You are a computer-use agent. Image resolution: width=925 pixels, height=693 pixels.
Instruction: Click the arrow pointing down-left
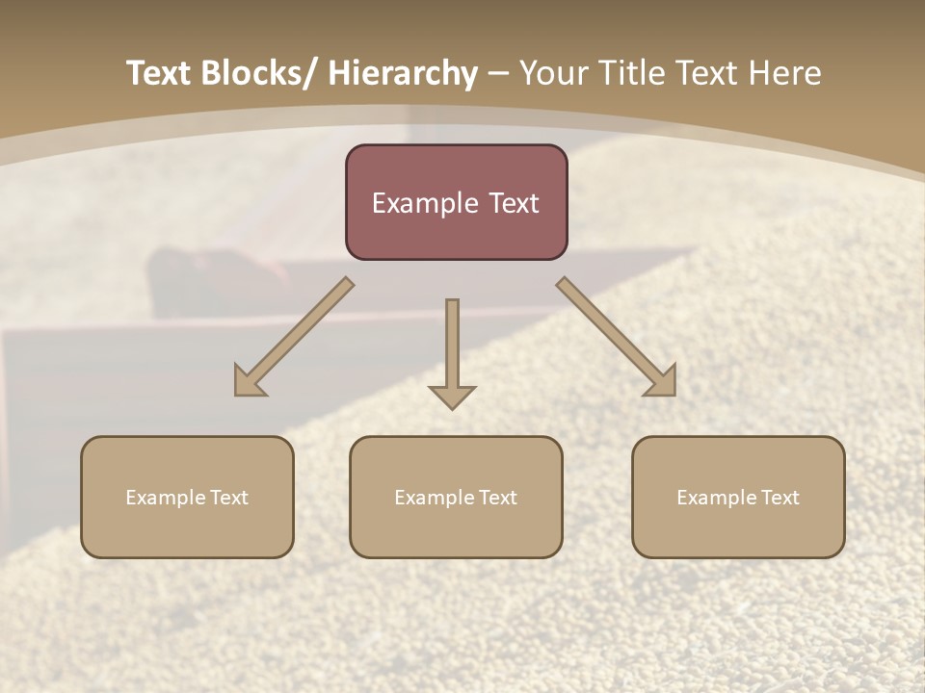pyautogui.click(x=294, y=338)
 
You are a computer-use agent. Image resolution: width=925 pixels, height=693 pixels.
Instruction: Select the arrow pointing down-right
pyautogui.click(x=617, y=338)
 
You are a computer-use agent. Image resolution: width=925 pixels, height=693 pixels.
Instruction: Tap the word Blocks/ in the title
pyautogui.click(x=259, y=73)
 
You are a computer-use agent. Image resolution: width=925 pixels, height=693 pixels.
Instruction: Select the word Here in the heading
pyautogui.click(x=787, y=73)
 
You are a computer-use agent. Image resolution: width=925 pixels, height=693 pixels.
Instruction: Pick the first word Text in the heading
pyautogui.click(x=159, y=73)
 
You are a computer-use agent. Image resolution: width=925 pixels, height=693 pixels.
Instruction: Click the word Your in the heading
pyautogui.click(x=555, y=73)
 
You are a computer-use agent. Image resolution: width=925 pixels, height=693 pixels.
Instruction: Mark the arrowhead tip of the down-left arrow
pyautogui.click(x=237, y=394)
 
